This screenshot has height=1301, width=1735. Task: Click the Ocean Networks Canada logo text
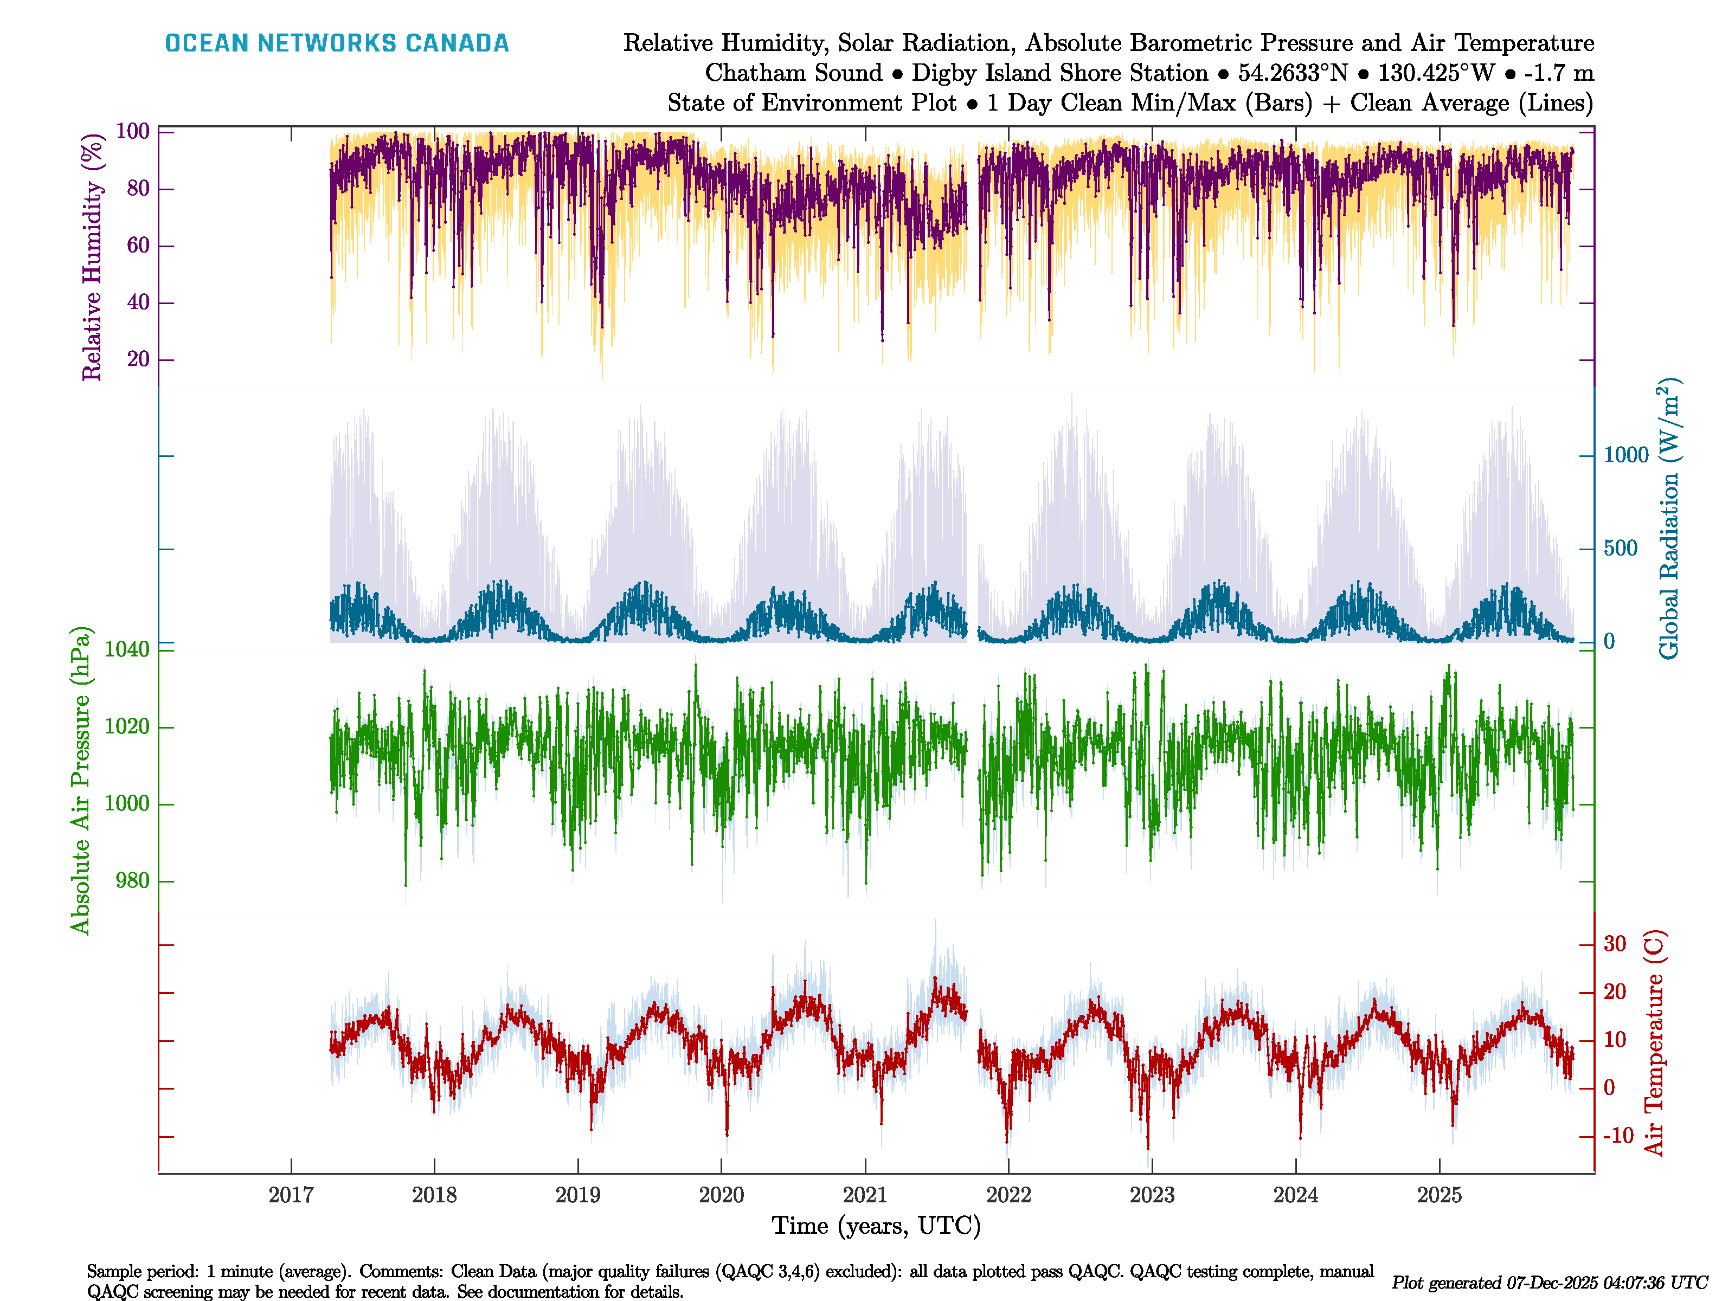337,43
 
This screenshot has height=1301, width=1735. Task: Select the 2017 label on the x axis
291,1195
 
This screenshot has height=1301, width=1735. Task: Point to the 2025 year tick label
1440,1195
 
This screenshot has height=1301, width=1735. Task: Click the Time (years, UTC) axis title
876,1226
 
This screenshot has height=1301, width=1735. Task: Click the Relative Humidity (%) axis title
93,257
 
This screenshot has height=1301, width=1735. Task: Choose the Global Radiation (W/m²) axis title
1669,519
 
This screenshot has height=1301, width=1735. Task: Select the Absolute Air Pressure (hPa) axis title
80,780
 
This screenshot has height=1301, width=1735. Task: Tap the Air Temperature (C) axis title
1654,1043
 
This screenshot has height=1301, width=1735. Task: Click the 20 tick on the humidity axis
138,359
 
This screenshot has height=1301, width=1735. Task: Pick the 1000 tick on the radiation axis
1626,455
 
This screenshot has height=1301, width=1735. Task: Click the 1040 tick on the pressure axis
127,649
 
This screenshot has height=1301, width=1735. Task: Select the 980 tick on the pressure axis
132,881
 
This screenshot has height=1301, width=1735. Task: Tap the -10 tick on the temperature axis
1617,1136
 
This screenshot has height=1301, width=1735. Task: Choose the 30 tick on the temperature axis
1614,943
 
